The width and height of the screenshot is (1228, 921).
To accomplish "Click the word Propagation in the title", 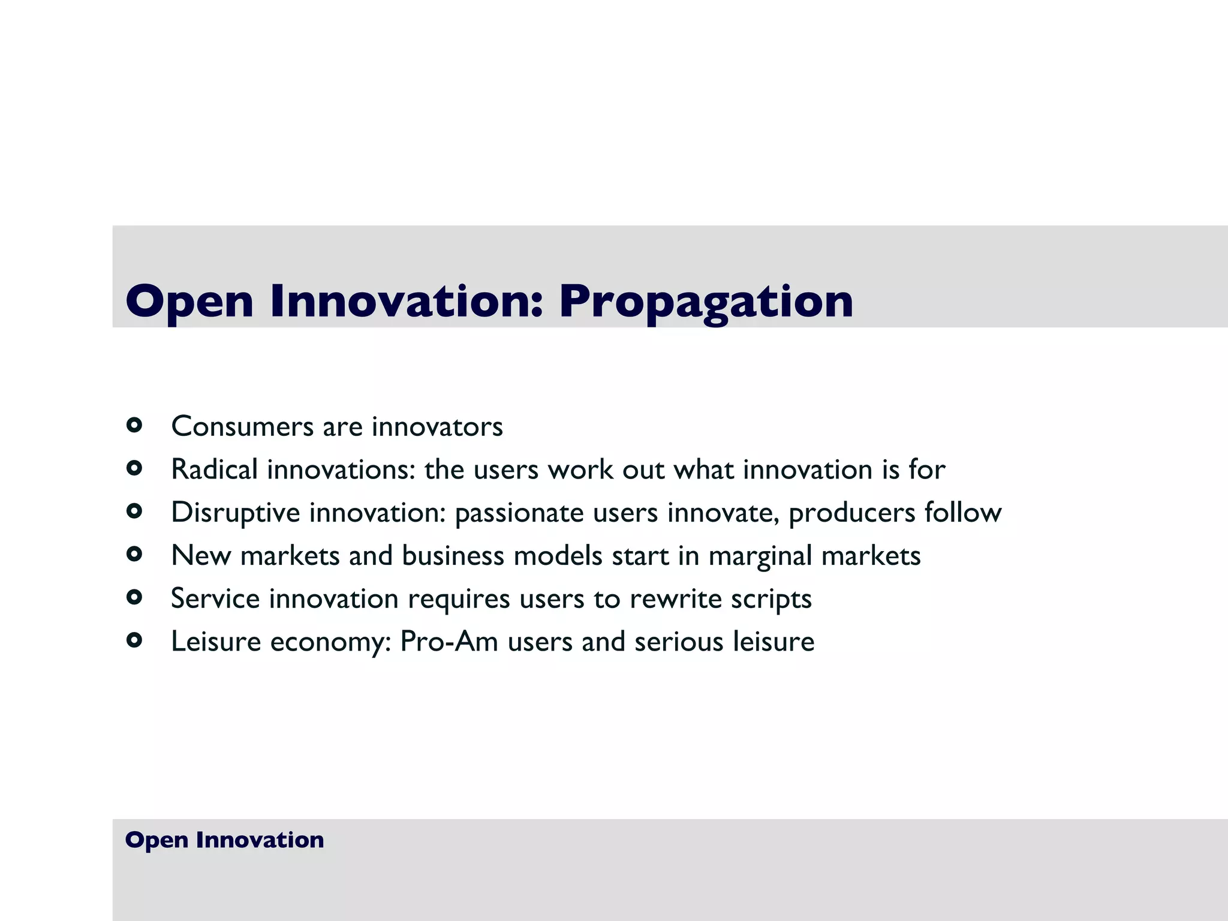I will (706, 302).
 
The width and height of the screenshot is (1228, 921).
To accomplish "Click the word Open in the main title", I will (189, 302).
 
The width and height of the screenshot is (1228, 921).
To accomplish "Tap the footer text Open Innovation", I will (224, 840).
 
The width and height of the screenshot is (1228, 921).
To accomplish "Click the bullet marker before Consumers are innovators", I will (134, 426).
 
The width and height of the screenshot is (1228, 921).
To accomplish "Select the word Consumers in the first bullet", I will (242, 427).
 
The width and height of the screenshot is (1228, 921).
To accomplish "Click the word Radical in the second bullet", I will (214, 469).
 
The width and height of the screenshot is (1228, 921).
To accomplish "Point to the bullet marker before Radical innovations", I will (134, 468).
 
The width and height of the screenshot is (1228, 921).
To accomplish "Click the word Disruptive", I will (235, 513).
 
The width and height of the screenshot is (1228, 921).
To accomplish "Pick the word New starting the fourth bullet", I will (201, 556).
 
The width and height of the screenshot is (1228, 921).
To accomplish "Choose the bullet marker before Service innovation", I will (134, 597).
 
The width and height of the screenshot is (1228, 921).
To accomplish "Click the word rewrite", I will (675, 599).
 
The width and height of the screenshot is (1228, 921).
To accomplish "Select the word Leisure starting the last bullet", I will (216, 642).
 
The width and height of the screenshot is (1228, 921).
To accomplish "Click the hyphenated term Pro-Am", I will (449, 642).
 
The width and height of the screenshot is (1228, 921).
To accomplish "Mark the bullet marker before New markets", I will (134, 554).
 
